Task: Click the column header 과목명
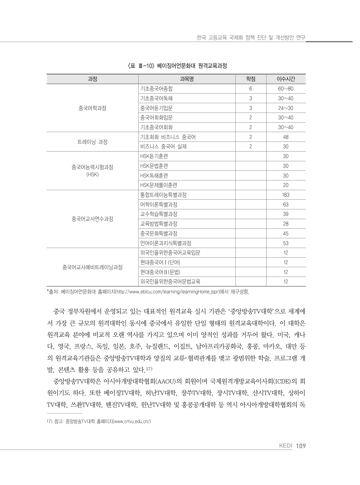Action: [x=187, y=79]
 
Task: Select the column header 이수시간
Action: [x=285, y=79]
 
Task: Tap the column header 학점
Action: [x=250, y=79]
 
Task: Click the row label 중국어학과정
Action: [x=92, y=108]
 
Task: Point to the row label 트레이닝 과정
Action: [x=92, y=142]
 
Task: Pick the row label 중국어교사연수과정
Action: [x=92, y=219]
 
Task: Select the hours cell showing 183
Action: [x=285, y=195]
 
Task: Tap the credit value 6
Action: [x=250, y=89]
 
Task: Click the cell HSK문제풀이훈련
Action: [x=159, y=185]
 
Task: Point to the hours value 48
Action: [x=285, y=137]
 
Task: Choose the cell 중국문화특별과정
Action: [x=159, y=234]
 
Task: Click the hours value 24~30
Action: [x=285, y=108]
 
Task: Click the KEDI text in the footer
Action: [x=285, y=446]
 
